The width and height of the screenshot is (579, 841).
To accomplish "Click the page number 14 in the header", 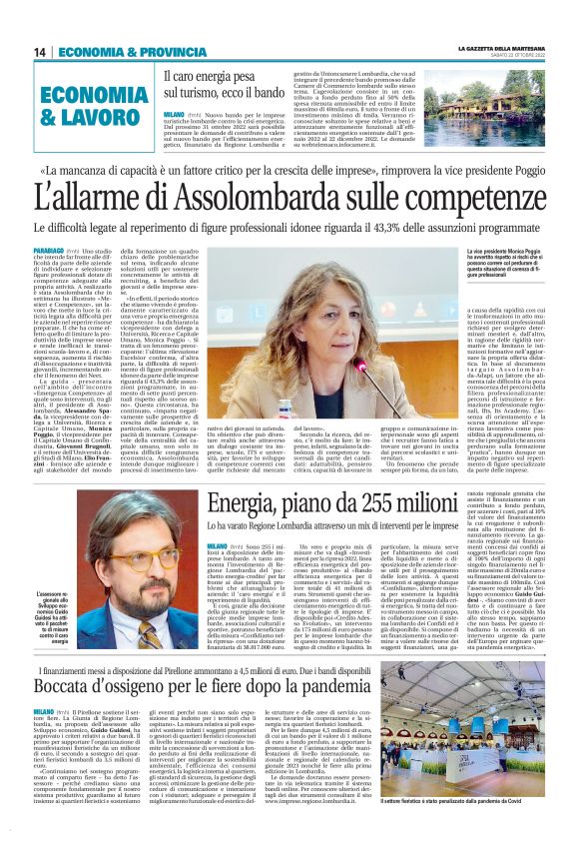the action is [x=39, y=51].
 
